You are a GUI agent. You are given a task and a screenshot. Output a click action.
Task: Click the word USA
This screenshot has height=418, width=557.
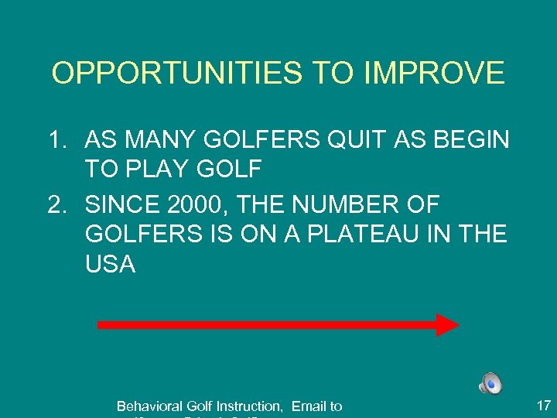point(111,265)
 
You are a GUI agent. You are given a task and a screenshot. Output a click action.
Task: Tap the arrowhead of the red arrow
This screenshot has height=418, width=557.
point(447,325)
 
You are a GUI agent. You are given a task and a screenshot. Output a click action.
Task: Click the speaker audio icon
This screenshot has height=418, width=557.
point(490,383)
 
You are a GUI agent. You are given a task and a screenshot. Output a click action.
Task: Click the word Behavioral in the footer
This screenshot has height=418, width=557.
point(149,406)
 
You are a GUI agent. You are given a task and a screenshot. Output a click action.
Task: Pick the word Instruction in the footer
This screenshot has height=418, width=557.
point(249,406)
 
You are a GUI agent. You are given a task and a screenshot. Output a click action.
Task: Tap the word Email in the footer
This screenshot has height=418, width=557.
point(308,406)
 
